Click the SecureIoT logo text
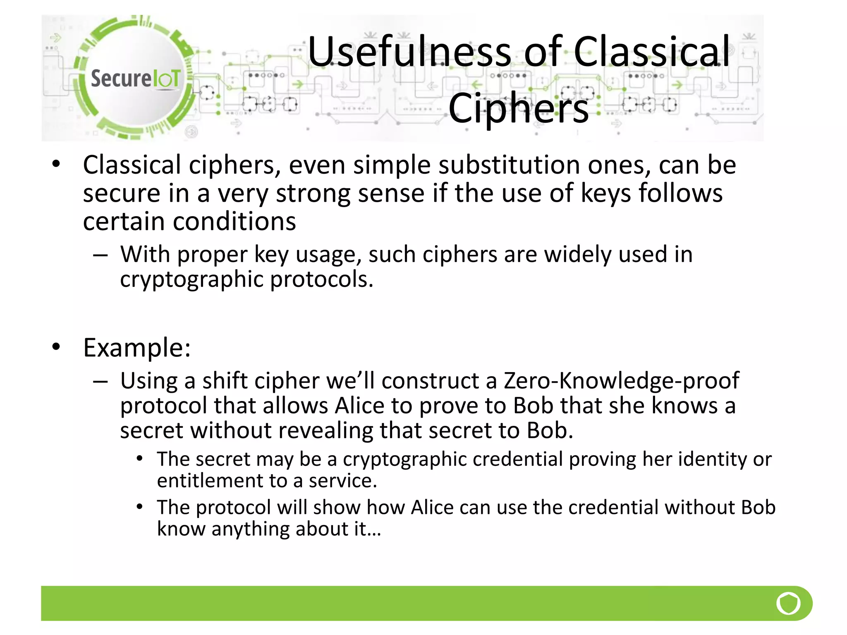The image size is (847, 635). (x=135, y=79)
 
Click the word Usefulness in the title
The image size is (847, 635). (x=409, y=52)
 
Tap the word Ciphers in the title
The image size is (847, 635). (x=519, y=108)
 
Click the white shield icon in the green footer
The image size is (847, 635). (x=788, y=604)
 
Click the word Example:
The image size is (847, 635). (x=137, y=348)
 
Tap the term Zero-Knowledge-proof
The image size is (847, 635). (x=621, y=380)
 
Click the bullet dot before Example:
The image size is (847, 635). (x=56, y=346)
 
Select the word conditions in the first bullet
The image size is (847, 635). (x=234, y=222)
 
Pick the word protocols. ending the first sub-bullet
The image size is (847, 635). (x=322, y=279)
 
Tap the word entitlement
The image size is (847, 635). (x=210, y=481)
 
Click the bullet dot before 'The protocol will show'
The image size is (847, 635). (x=140, y=506)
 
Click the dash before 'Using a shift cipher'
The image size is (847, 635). (x=100, y=381)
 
